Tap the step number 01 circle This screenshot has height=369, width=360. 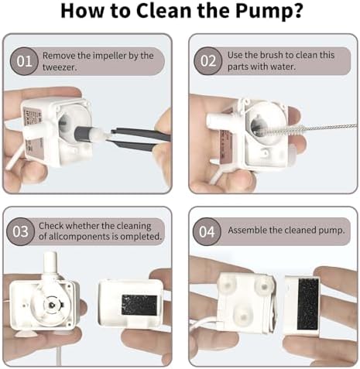click(24, 61)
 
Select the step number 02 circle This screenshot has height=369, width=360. click(208, 61)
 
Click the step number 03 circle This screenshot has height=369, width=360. click(20, 231)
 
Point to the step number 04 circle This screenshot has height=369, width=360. click(207, 231)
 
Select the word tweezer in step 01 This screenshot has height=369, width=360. click(60, 67)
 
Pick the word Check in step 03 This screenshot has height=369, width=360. click(51, 226)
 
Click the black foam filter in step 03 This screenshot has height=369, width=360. click(139, 306)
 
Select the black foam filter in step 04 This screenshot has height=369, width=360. click(307, 304)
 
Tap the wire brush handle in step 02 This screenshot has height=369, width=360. click(331, 127)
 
